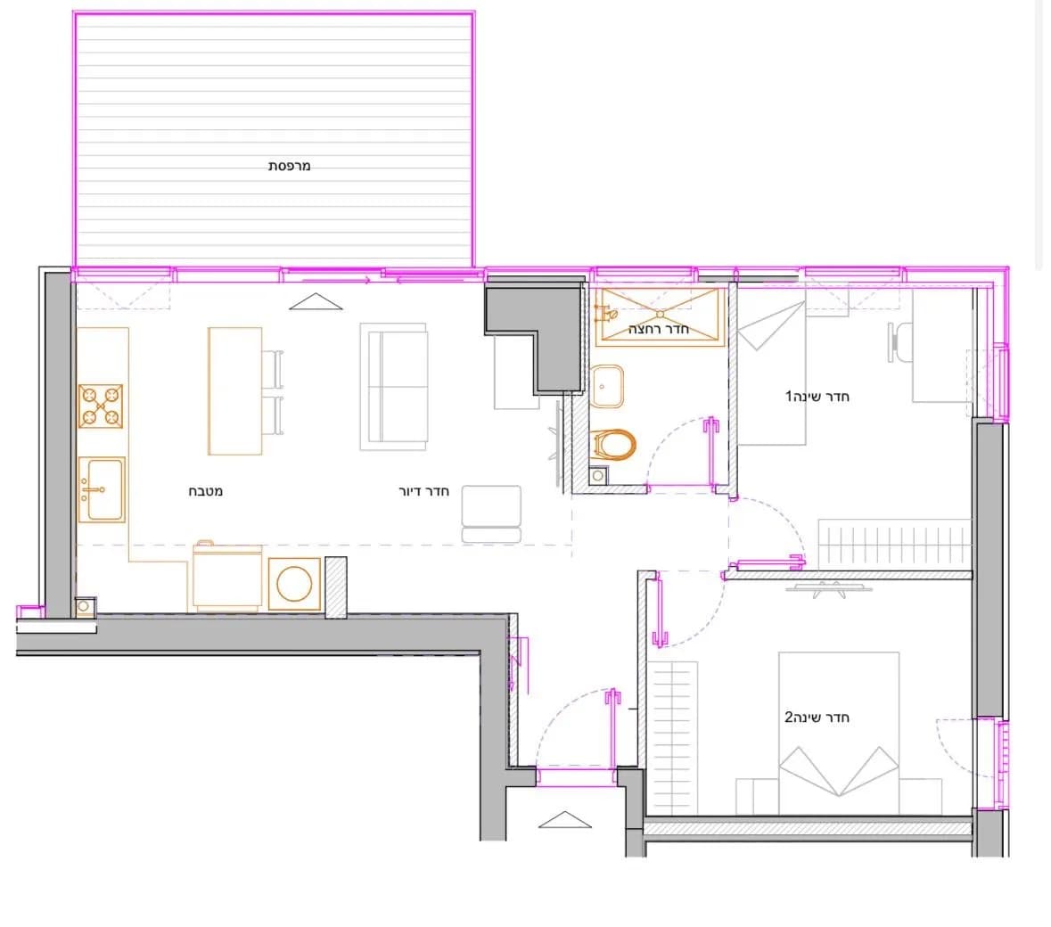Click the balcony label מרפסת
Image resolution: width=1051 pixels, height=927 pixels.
(x=289, y=166)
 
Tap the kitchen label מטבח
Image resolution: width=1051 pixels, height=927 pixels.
(x=205, y=491)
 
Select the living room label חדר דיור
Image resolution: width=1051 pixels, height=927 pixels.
(x=423, y=491)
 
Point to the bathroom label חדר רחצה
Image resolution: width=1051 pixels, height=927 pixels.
(x=658, y=329)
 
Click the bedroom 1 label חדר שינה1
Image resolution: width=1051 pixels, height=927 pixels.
(x=817, y=396)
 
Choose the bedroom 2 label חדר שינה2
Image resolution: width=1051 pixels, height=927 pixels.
(x=817, y=718)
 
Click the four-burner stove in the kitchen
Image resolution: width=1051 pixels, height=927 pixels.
(x=101, y=406)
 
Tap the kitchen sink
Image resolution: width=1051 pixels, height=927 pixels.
(x=102, y=489)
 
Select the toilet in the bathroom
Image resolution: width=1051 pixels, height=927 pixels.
(x=613, y=445)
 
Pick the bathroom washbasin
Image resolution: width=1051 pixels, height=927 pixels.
(x=606, y=387)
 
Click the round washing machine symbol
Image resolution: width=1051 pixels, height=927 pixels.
(x=294, y=584)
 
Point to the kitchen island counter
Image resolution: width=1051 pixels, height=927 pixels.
(x=234, y=390)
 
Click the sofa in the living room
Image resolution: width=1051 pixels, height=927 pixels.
(x=393, y=387)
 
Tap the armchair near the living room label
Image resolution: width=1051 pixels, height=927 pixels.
(x=491, y=514)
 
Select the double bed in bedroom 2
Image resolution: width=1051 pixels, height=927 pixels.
(x=839, y=734)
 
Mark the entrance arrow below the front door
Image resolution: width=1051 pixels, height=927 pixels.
(x=564, y=820)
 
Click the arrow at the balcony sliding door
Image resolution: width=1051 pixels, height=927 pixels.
(x=316, y=301)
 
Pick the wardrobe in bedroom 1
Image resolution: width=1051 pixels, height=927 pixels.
(x=894, y=545)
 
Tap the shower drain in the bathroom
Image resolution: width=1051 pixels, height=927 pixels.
(x=660, y=315)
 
